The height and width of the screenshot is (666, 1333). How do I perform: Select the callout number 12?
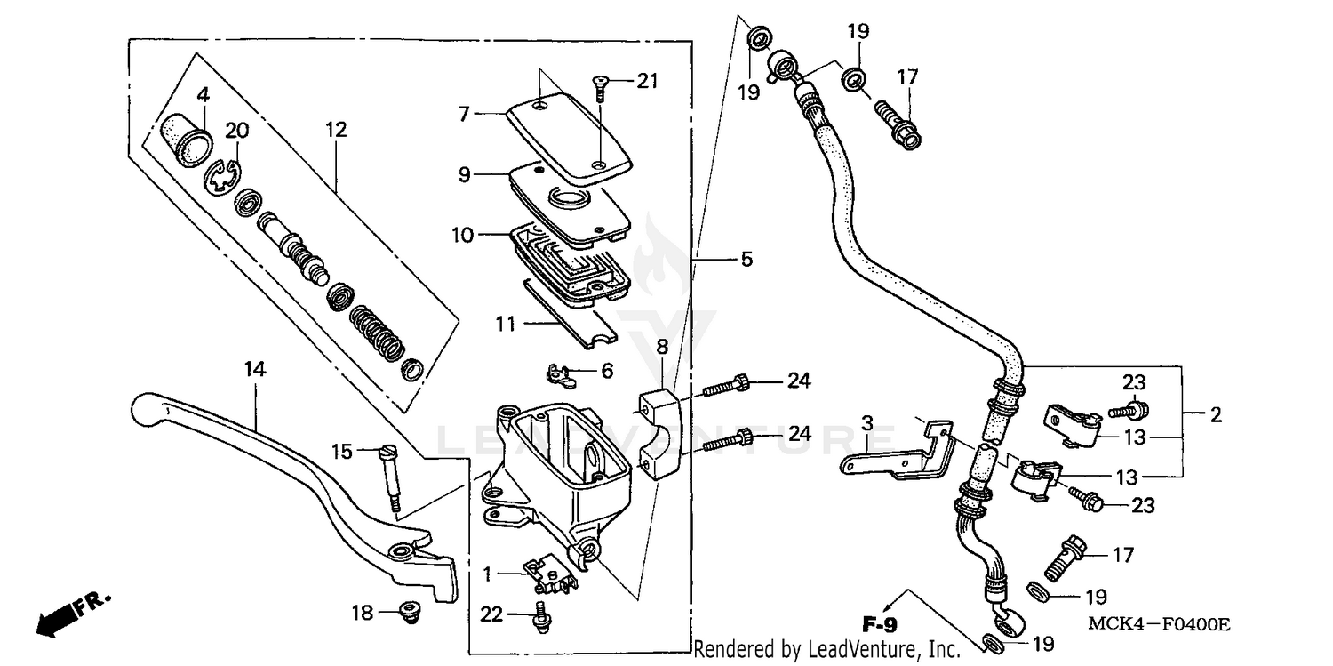click(336, 130)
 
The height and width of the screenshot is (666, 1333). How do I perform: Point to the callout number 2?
click(1216, 414)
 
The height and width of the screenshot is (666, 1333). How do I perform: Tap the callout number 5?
click(746, 260)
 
